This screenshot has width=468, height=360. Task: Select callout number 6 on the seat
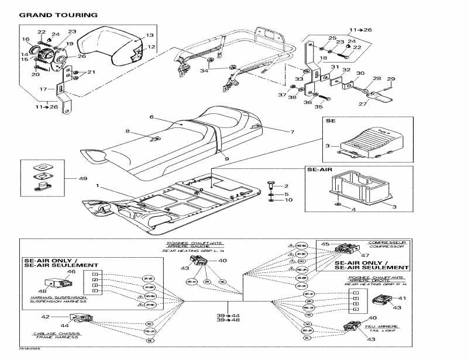click(151, 117)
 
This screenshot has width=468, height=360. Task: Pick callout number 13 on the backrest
click(150, 35)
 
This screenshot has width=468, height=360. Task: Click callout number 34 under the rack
click(204, 71)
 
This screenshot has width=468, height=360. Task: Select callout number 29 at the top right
click(391, 79)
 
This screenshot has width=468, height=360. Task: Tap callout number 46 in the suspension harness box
click(71, 272)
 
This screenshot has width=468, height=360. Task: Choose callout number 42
click(62, 316)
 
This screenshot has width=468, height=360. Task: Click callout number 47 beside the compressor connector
click(366, 255)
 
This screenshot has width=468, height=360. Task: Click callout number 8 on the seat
click(128, 131)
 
